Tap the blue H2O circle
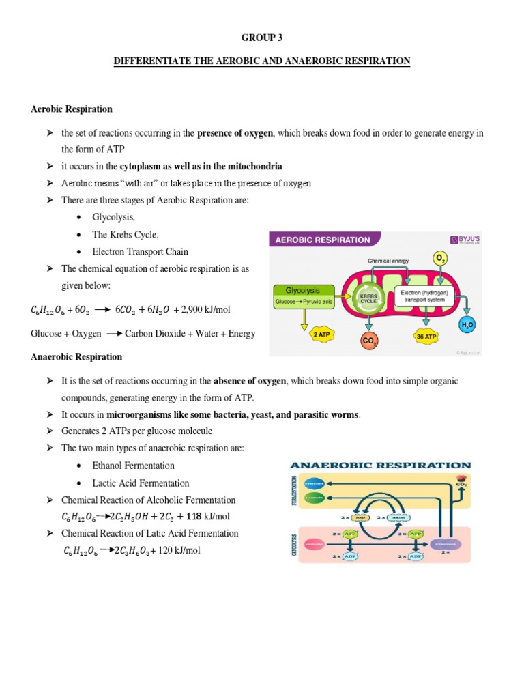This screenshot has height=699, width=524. click(x=467, y=326)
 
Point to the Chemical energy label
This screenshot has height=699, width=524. click(x=388, y=261)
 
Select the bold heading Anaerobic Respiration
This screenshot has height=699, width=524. click(x=76, y=357)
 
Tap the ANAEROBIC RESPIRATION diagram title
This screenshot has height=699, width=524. click(x=380, y=465)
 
